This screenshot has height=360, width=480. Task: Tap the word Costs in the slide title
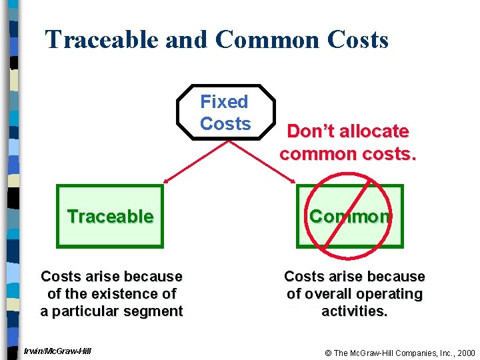coord(358,40)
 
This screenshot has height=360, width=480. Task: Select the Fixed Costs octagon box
coord(225,113)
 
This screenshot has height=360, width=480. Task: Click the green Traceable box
coord(110,217)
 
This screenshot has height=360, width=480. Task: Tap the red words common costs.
coord(348,154)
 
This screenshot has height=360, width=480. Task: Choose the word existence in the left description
coord(129,294)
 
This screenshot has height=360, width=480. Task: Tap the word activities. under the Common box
coord(354,311)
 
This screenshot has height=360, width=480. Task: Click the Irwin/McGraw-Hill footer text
coord(57,351)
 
